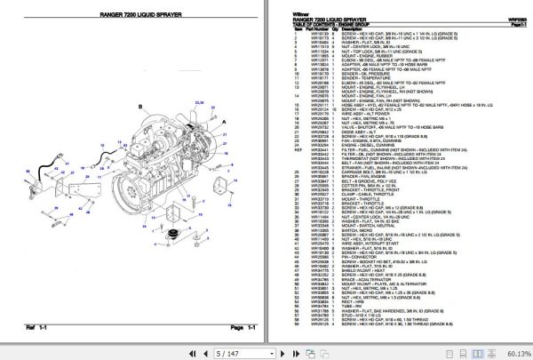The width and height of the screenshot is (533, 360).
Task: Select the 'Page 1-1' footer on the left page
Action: pos(219,328)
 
